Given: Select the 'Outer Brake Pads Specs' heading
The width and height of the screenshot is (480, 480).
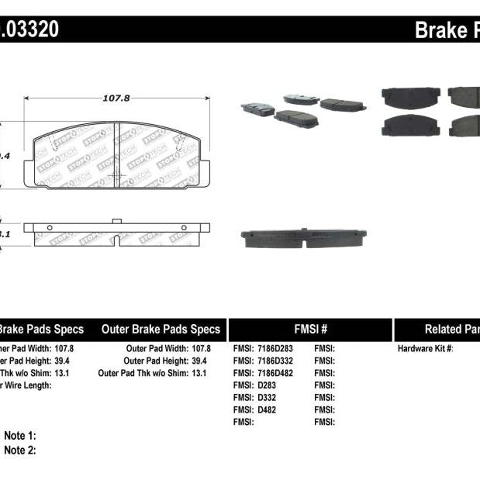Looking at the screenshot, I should (x=161, y=329).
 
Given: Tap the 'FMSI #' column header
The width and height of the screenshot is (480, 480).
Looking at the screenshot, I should (x=309, y=329).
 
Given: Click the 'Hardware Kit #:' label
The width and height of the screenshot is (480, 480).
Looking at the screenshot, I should (x=425, y=349).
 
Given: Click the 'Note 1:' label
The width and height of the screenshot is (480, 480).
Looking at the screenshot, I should (x=20, y=437).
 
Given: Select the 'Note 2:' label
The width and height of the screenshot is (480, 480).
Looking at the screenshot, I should (x=20, y=450).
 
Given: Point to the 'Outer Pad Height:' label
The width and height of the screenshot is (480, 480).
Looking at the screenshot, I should (x=156, y=361).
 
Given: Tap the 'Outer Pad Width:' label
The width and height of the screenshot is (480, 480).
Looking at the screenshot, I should (x=157, y=349).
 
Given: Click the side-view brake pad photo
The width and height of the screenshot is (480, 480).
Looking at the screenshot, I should (x=304, y=238).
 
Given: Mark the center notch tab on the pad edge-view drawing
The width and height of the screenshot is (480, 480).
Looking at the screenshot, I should (x=116, y=222).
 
